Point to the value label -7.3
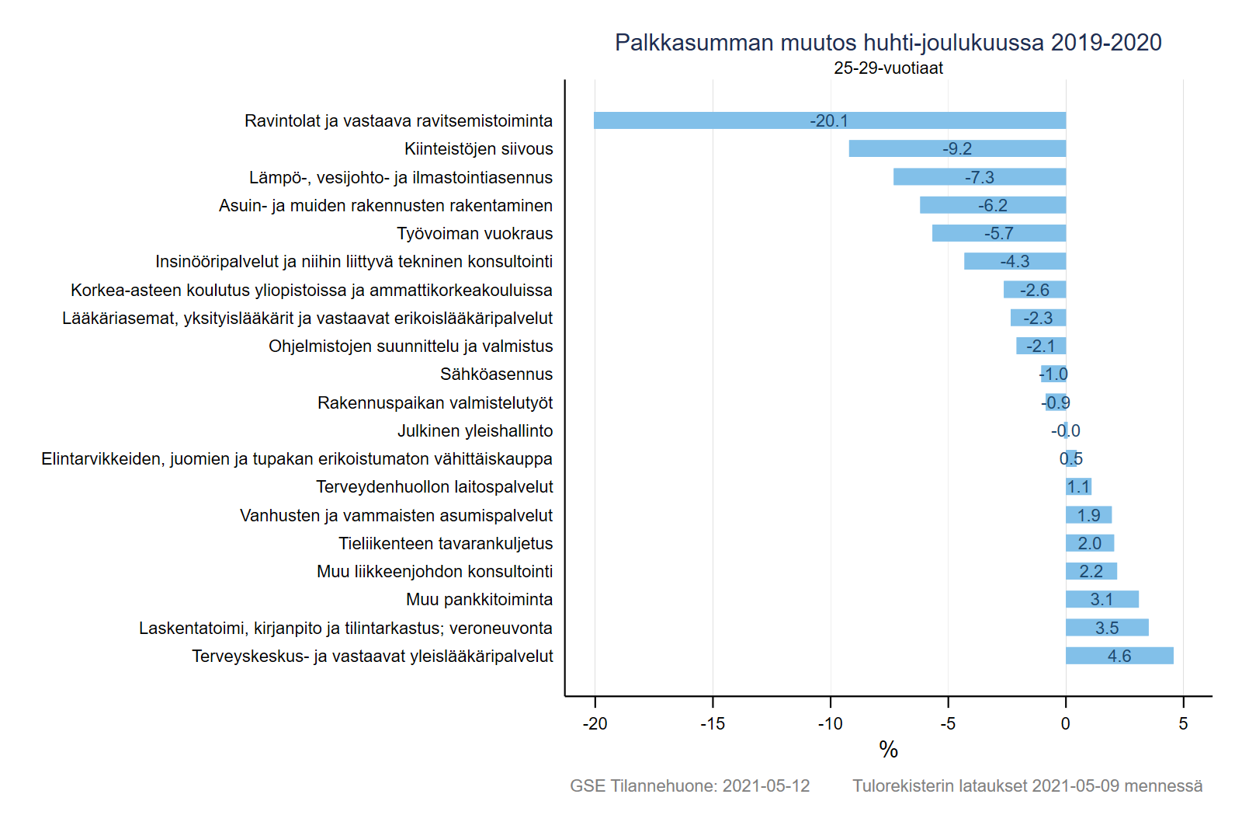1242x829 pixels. click(979, 177)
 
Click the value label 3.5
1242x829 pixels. click(1107, 628)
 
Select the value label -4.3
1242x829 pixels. click(1015, 262)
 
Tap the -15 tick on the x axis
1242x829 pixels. click(713, 723)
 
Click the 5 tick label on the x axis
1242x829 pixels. click(1183, 723)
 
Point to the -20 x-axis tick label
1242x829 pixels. click(595, 723)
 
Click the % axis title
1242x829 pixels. click(888, 750)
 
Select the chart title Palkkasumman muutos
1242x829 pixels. click(888, 42)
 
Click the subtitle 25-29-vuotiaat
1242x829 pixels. click(888, 68)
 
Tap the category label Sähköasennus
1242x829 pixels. click(496, 374)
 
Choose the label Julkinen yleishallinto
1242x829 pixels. click(475, 430)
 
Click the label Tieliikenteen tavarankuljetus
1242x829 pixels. click(446, 543)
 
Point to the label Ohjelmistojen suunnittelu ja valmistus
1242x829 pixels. click(411, 347)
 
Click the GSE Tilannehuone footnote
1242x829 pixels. click(689, 785)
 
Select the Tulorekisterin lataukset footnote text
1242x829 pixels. click(1027, 785)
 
